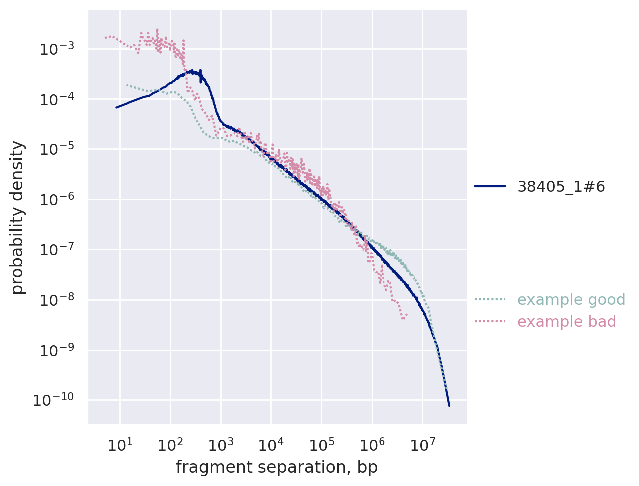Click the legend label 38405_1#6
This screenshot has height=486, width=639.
point(561,187)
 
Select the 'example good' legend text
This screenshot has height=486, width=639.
point(571,300)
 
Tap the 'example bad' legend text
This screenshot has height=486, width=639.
point(567,322)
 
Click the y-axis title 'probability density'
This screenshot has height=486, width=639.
point(18,218)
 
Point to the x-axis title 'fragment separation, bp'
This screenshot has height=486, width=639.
point(276,467)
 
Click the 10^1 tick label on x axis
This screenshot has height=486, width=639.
point(120,444)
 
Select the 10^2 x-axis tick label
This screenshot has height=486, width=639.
point(170,444)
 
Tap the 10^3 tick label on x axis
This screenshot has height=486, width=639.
point(221,444)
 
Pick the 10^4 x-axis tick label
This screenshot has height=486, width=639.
point(271,444)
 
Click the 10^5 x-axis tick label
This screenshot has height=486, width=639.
point(321,444)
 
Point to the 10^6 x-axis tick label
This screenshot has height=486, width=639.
point(372,444)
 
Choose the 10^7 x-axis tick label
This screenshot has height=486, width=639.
point(422,444)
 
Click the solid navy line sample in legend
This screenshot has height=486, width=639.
point(490,187)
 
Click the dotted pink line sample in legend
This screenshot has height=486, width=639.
point(490,322)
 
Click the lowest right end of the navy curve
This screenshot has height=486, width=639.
point(449,405)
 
